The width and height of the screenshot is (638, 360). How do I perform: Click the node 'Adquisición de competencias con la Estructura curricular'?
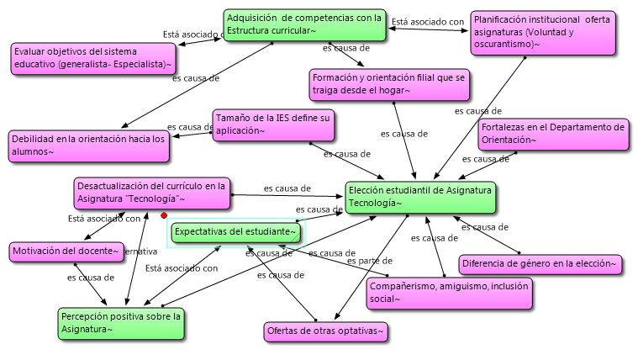tap(304, 24)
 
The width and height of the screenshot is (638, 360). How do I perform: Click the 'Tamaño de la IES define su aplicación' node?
tap(272, 124)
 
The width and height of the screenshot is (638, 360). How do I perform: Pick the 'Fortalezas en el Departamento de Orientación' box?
tap(551, 134)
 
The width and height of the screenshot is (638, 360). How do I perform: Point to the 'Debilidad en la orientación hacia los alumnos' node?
tap(88, 146)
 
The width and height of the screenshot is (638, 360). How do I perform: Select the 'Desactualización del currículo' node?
tap(150, 193)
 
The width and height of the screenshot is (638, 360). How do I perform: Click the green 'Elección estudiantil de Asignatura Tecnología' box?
tap(419, 197)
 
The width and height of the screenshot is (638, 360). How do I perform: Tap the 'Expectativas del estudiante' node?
tap(235, 231)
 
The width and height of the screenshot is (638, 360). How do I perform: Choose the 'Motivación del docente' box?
tap(66, 251)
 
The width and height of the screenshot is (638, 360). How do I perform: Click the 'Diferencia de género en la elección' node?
tap(540, 265)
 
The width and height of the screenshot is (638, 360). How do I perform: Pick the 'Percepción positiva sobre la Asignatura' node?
tap(121, 323)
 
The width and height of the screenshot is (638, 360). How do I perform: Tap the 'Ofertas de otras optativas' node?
tap(326, 332)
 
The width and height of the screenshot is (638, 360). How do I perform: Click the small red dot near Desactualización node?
tap(164, 215)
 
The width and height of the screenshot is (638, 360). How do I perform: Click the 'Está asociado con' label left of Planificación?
tap(428, 22)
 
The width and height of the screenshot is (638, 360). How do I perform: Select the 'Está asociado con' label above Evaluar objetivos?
tap(192, 34)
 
